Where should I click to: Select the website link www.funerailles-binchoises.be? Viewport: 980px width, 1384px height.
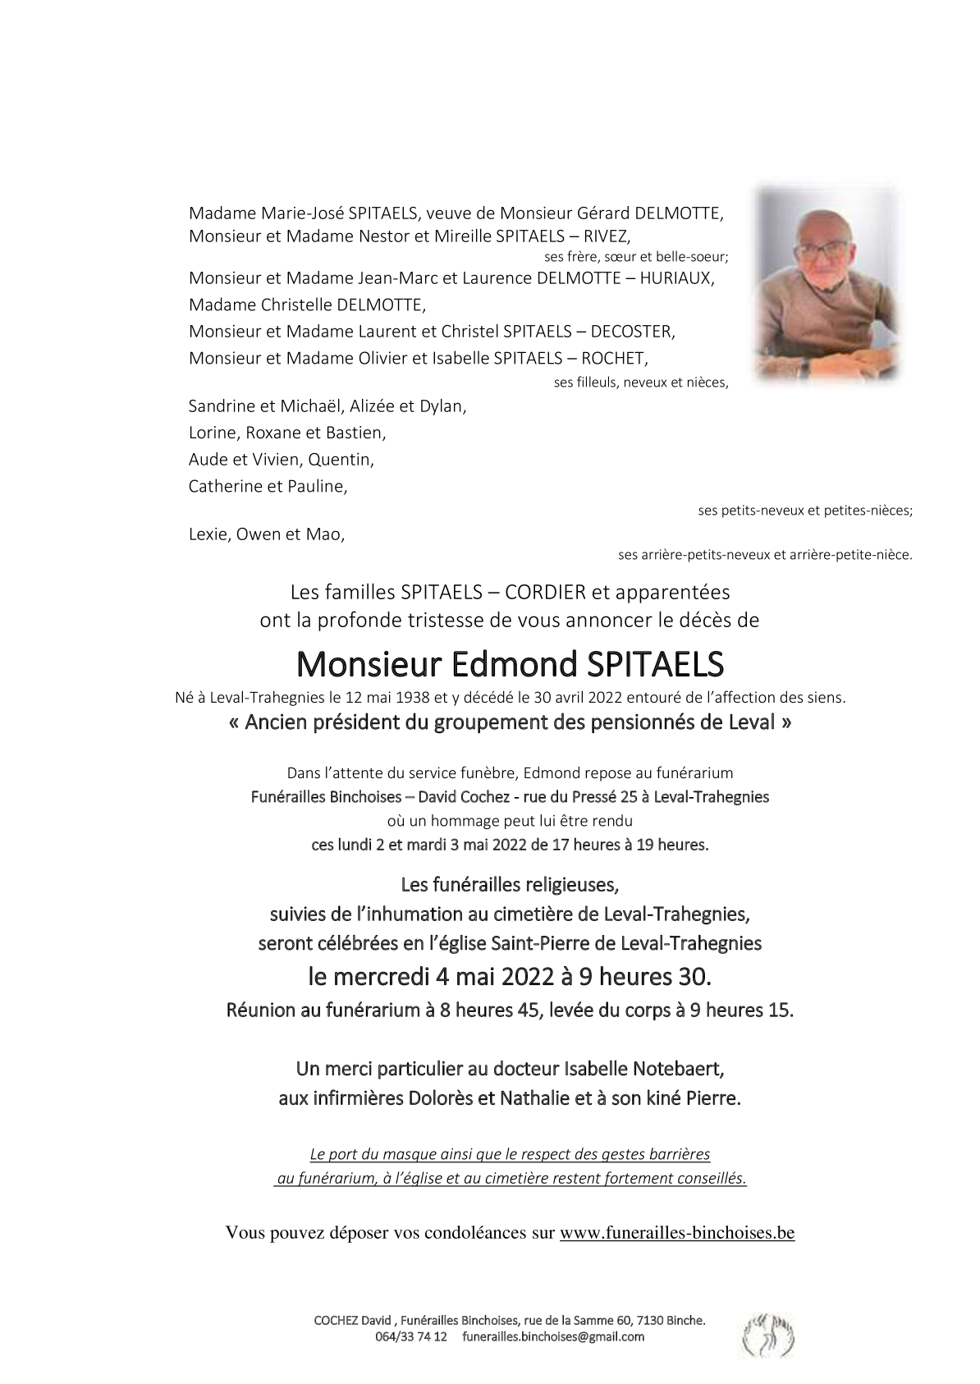677,1232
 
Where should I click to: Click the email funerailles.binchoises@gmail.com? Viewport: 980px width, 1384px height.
553,1336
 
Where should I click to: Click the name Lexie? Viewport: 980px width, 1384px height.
208,534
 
